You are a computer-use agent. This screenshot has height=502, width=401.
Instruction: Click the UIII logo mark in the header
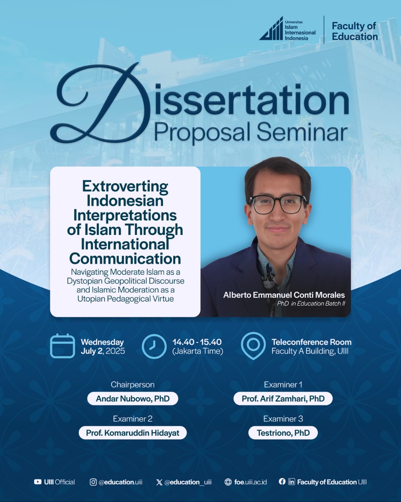tap(271, 29)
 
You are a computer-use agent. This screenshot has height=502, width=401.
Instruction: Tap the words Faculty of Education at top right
tap(355, 31)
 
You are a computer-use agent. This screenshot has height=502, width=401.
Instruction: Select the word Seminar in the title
tap(302, 133)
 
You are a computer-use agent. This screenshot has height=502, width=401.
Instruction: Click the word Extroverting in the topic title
tap(125, 187)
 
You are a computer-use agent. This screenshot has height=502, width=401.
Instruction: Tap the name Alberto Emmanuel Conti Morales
tap(284, 295)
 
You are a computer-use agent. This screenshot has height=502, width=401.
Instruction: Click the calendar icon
tap(62, 346)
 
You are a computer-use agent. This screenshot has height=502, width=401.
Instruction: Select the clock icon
tap(154, 346)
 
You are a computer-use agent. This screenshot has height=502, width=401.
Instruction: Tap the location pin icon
tap(253, 346)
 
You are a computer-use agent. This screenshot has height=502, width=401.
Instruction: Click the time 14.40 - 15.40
tap(197, 342)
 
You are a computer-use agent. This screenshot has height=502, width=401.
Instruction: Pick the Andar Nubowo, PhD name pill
tap(132, 398)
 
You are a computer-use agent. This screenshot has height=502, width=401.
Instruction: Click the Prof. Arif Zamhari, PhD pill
tap(283, 398)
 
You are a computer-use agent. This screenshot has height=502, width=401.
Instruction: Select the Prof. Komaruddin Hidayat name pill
tap(132, 433)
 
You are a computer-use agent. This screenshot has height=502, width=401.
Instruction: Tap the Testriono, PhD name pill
tap(283, 433)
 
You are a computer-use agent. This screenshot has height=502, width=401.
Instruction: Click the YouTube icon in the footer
tap(38, 482)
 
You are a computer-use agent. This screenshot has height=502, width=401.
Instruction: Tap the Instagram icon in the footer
tap(93, 482)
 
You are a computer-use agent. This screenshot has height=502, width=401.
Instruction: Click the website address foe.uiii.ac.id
tap(250, 482)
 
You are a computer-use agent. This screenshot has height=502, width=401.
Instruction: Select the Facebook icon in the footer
tap(282, 482)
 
